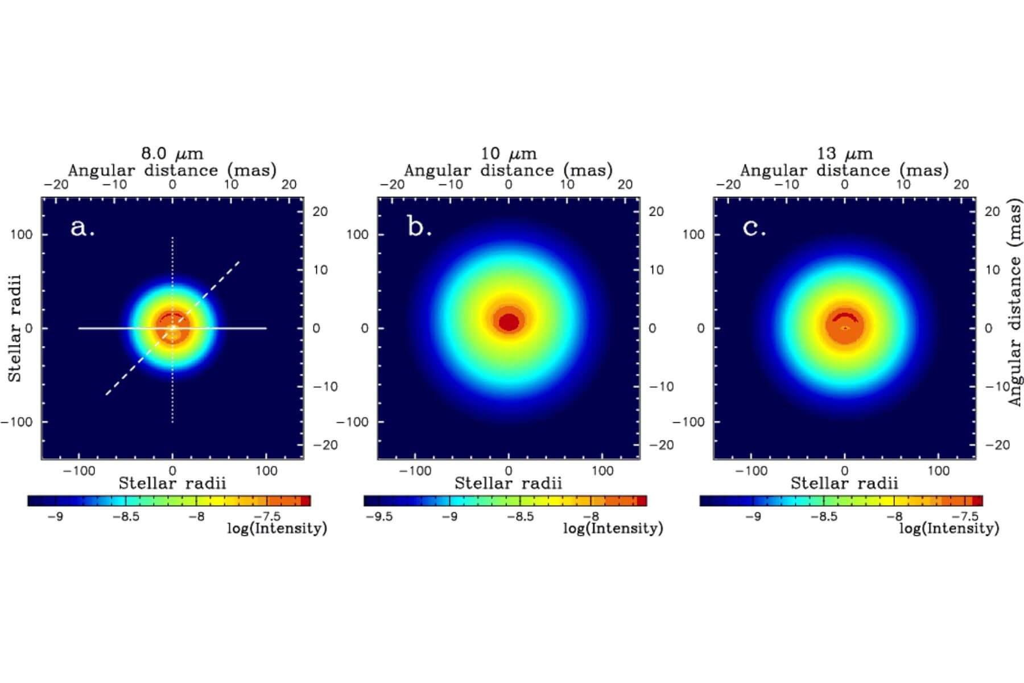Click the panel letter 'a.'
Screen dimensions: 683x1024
tap(82, 227)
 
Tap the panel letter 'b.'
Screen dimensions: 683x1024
tap(419, 227)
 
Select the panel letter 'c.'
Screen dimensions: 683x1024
tap(754, 227)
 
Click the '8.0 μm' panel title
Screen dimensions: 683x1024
tap(172, 153)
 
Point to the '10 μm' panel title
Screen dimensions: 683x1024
tap(508, 153)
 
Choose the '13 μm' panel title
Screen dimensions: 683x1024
tap(844, 153)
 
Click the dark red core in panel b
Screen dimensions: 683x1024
tap(509, 322)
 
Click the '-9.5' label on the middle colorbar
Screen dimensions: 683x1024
tap(379, 517)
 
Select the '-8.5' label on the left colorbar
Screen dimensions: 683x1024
tap(126, 517)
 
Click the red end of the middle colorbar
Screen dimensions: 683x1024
tap(642, 501)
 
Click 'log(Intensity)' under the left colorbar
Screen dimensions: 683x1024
tap(277, 528)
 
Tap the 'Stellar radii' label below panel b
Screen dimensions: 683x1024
tap(508, 484)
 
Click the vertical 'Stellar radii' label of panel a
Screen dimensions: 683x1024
tap(14, 328)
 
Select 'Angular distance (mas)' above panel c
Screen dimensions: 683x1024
tap(844, 170)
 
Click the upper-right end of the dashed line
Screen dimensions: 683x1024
tap(239, 262)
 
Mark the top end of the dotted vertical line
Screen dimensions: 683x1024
tap(172, 237)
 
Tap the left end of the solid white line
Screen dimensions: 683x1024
tap(79, 328)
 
